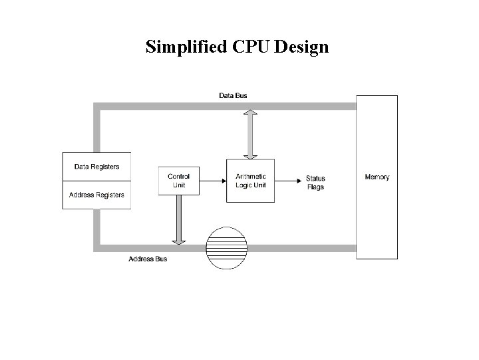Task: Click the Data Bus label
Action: (233, 95)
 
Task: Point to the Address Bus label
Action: (148, 259)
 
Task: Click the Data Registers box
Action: (96, 167)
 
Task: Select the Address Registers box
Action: (96, 195)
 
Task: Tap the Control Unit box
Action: (178, 180)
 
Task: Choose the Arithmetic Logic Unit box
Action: (250, 180)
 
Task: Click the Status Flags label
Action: (315, 183)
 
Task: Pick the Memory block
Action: (377, 200)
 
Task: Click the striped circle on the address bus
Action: (227, 248)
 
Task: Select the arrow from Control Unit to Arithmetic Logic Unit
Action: (213, 179)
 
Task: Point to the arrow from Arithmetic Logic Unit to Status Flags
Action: (286, 179)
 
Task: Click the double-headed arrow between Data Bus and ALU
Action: (249, 134)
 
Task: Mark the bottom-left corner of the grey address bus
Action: (97, 248)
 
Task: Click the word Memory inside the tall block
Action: (377, 177)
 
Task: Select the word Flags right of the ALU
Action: (315, 187)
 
